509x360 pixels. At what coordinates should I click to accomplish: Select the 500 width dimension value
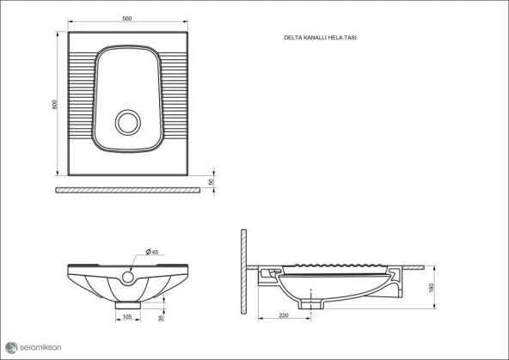(x=126, y=20)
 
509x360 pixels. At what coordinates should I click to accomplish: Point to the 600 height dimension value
(x=53, y=104)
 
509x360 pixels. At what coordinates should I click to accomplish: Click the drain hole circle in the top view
(x=128, y=121)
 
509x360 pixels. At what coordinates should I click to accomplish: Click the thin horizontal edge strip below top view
(x=126, y=189)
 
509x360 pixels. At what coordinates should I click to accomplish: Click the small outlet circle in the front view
(x=127, y=277)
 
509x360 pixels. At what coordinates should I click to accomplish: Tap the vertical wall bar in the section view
(x=244, y=271)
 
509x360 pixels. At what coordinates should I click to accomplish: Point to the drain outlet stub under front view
(x=127, y=303)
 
